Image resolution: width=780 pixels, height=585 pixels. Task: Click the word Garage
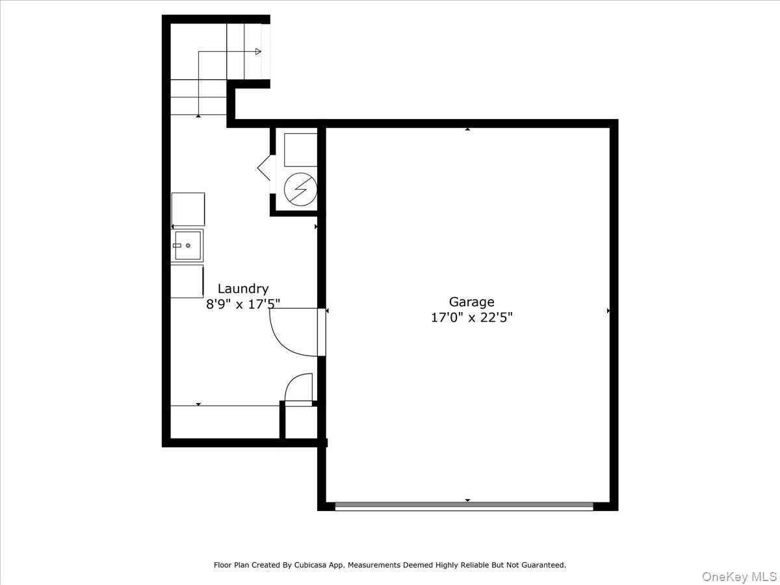point(471,302)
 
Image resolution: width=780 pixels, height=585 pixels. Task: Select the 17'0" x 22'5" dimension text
point(471,318)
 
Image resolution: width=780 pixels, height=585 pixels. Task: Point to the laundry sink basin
point(187,246)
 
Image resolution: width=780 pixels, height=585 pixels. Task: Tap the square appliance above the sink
point(188,209)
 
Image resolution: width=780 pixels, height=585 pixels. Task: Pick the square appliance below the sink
point(187,281)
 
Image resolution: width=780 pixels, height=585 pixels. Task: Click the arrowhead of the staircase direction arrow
point(258,52)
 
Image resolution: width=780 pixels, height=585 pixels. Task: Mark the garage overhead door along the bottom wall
point(464,506)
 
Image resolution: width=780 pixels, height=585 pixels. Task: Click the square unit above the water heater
point(300,149)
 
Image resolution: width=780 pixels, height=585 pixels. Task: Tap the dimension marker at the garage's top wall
point(467,129)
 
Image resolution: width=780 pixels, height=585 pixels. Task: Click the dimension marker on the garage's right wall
point(608,311)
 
